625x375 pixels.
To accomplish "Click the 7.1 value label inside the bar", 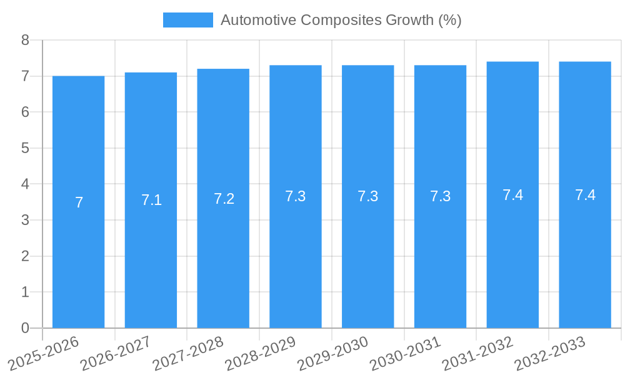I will pyautogui.click(x=151, y=200).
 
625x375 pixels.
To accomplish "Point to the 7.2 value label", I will pyautogui.click(x=224, y=199).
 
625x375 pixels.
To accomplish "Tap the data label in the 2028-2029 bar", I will pyautogui.click(x=296, y=196).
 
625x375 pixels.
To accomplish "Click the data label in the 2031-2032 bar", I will pyautogui.click(x=512, y=195).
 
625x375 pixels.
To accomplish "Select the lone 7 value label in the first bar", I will pyautogui.click(x=79, y=202).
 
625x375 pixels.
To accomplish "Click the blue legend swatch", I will pyautogui.click(x=187, y=20).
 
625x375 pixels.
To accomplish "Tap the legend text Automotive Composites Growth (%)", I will pyautogui.click(x=341, y=20).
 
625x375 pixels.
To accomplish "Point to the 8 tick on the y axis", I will pyautogui.click(x=25, y=40).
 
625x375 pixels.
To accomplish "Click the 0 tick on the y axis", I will pyautogui.click(x=25, y=328).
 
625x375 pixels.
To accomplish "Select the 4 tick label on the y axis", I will pyautogui.click(x=25, y=184).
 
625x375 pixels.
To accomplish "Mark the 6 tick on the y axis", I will pyautogui.click(x=25, y=112).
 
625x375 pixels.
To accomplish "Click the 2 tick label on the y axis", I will pyautogui.click(x=25, y=256).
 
